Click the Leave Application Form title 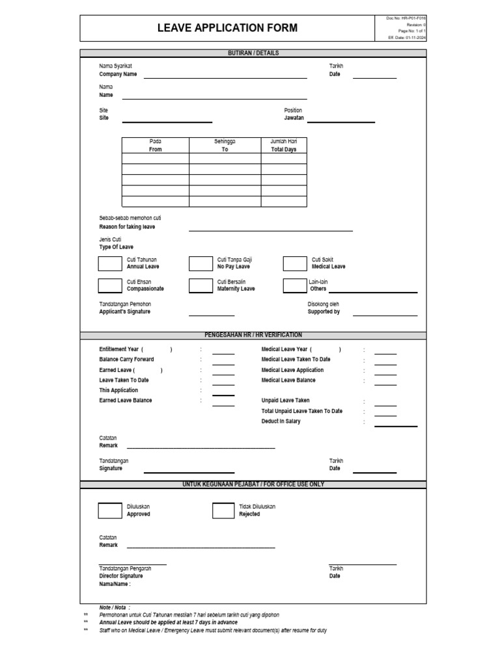tap(227, 27)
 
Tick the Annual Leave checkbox tap(109, 263)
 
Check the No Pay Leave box tap(201, 263)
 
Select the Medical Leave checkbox tap(294, 263)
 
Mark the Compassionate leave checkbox tap(109, 285)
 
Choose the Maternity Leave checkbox tap(201, 285)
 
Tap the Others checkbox tap(294, 285)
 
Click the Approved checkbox tap(109, 511)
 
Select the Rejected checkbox tap(224, 511)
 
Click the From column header tap(155, 149)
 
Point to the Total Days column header tap(283, 149)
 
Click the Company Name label tap(118, 74)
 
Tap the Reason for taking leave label tap(127, 227)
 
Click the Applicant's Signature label tap(124, 312)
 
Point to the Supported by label tap(324, 312)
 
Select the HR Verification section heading tap(253, 335)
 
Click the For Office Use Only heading tap(253, 485)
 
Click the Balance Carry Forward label tap(126, 360)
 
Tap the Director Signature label tap(120, 576)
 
